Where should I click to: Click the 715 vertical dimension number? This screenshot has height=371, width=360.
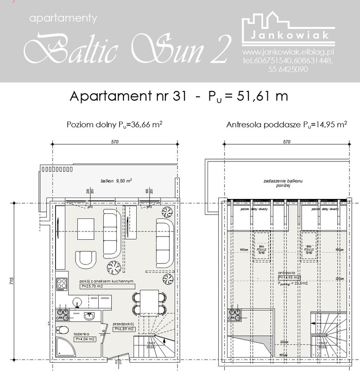10,283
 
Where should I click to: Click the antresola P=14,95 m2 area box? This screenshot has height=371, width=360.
288,278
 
